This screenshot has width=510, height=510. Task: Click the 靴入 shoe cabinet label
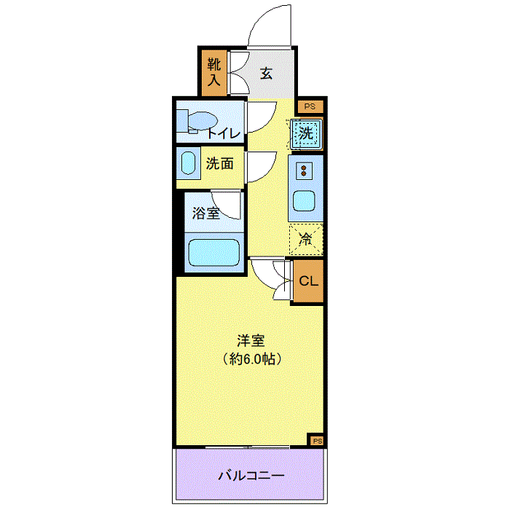tap(213, 72)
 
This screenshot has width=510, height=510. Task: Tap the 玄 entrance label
tap(267, 73)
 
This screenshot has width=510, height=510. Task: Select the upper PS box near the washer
tap(310, 106)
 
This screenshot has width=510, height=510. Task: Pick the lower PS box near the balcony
tap(317, 441)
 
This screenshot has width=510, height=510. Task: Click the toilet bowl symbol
tap(197, 121)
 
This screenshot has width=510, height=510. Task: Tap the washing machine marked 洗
tap(307, 133)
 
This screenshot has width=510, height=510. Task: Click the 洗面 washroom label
tap(219, 164)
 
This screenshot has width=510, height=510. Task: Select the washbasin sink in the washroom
tap(189, 164)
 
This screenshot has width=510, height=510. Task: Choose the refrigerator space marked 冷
tap(307, 238)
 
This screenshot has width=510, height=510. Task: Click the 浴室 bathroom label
tap(205, 213)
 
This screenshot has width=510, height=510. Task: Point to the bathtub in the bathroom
tap(214, 254)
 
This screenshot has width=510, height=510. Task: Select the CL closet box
tap(308, 280)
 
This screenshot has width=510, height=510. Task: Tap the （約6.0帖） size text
tap(251, 358)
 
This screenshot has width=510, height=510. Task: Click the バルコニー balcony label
tap(250, 476)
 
